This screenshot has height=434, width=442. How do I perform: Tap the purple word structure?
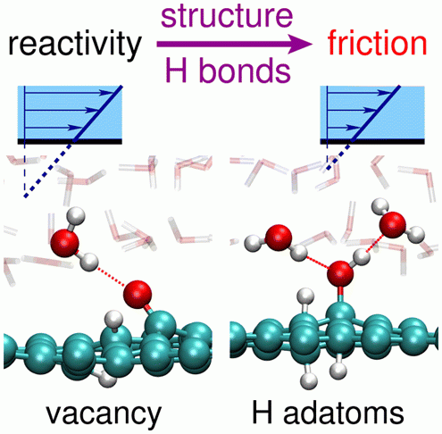(227, 16)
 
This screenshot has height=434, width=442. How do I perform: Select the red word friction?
(377, 44)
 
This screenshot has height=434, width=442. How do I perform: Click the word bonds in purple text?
(245, 71)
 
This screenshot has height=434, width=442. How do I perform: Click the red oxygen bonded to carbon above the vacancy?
(138, 294)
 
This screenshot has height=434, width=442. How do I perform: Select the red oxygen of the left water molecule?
(65, 243)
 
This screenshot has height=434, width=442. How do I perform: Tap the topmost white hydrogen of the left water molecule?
(75, 216)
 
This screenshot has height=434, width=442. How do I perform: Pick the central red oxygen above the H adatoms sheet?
(340, 274)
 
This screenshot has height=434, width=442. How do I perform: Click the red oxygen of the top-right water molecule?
(393, 225)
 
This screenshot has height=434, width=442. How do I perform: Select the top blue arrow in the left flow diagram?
(69, 93)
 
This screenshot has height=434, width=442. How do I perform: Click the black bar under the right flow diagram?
(372, 141)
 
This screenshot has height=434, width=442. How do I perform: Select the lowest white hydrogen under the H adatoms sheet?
(309, 381)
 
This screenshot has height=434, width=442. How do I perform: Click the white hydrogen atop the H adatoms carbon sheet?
(306, 296)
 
